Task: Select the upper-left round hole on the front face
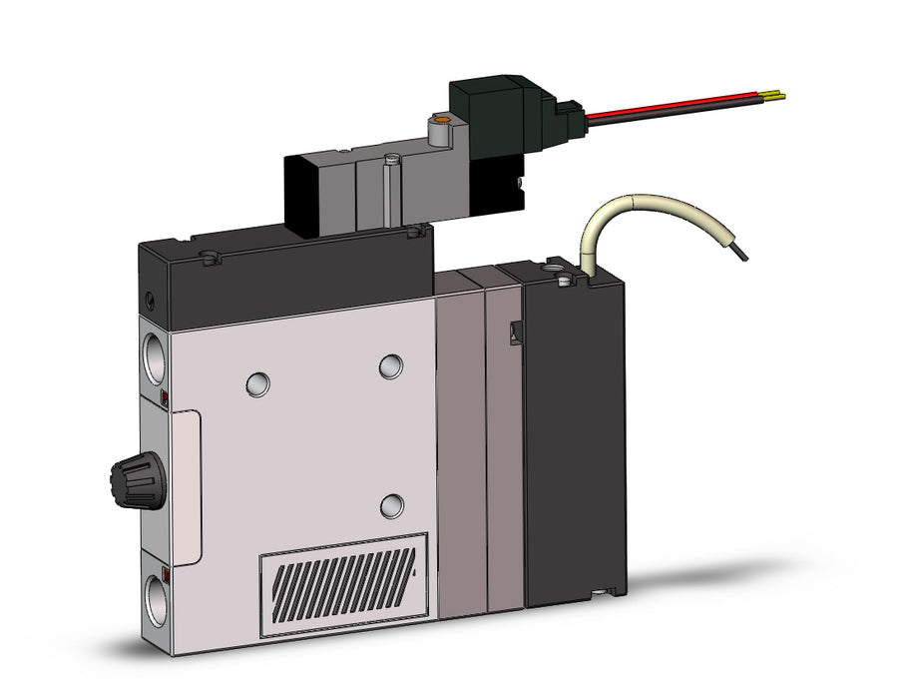(257, 381)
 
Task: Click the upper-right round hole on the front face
(391, 366)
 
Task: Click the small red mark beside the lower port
(164, 576)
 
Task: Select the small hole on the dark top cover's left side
(150, 299)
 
